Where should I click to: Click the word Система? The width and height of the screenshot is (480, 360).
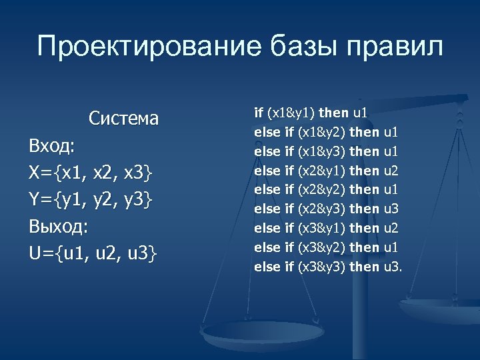tap(124, 119)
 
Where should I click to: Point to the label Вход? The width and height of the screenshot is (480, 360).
tap(52, 146)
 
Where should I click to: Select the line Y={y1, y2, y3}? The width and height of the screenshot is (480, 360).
tap(91, 199)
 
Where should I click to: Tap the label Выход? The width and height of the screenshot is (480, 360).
tap(59, 227)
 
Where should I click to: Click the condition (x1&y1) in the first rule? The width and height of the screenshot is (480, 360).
tap(292, 113)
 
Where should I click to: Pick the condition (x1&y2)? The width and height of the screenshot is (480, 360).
tap(321, 132)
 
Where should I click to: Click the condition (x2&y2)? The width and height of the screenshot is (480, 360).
tap(321, 190)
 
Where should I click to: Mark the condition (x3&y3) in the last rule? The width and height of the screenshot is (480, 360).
tap(321, 267)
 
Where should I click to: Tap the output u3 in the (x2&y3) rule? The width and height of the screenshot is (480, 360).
tap(391, 209)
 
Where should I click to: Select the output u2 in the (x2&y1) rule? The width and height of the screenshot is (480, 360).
tap(391, 171)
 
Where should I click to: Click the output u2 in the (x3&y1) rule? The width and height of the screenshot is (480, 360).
tap(391, 228)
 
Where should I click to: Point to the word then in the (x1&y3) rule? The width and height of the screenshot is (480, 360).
tap(364, 151)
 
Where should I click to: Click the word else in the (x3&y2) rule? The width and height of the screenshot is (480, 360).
tap(267, 247)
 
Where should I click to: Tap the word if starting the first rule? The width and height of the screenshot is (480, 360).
tap(259, 113)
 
